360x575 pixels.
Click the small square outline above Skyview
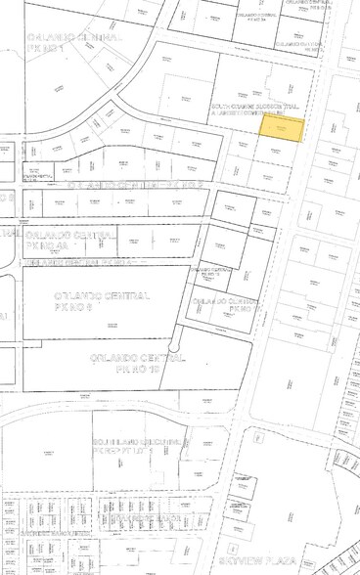[233, 549]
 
